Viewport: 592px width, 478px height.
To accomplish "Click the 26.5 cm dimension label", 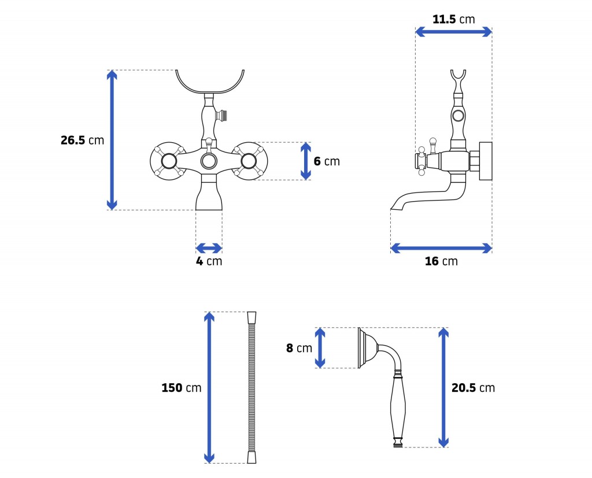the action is (x=82, y=140).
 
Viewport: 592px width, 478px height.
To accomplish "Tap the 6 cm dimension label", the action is (x=327, y=161).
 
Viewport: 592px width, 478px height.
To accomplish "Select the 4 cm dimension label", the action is (x=209, y=261).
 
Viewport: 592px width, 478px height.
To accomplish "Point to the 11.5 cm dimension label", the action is (x=453, y=19).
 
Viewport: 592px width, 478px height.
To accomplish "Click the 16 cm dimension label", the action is (x=441, y=261).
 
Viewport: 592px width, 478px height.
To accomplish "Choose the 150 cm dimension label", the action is (x=181, y=388).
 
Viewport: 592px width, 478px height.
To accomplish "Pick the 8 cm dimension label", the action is (x=299, y=348).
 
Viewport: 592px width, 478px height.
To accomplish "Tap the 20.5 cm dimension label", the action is (x=473, y=388).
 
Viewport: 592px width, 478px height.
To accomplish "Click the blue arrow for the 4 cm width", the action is (x=209, y=248).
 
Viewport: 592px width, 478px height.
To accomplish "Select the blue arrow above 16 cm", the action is (x=441, y=248).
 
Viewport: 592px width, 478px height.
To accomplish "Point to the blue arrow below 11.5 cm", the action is (x=453, y=32).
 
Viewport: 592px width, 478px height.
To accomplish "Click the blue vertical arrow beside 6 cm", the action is (x=306, y=161).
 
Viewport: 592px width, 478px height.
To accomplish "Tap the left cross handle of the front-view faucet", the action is (x=169, y=161).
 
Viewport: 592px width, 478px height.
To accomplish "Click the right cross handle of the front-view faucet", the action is (x=249, y=161).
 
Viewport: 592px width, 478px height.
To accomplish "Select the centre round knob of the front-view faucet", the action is (x=209, y=161).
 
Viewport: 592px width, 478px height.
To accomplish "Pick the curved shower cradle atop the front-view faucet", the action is (x=210, y=91).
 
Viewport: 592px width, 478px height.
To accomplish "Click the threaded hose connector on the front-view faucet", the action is (x=223, y=115).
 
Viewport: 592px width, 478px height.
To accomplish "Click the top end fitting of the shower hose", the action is (x=251, y=317).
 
